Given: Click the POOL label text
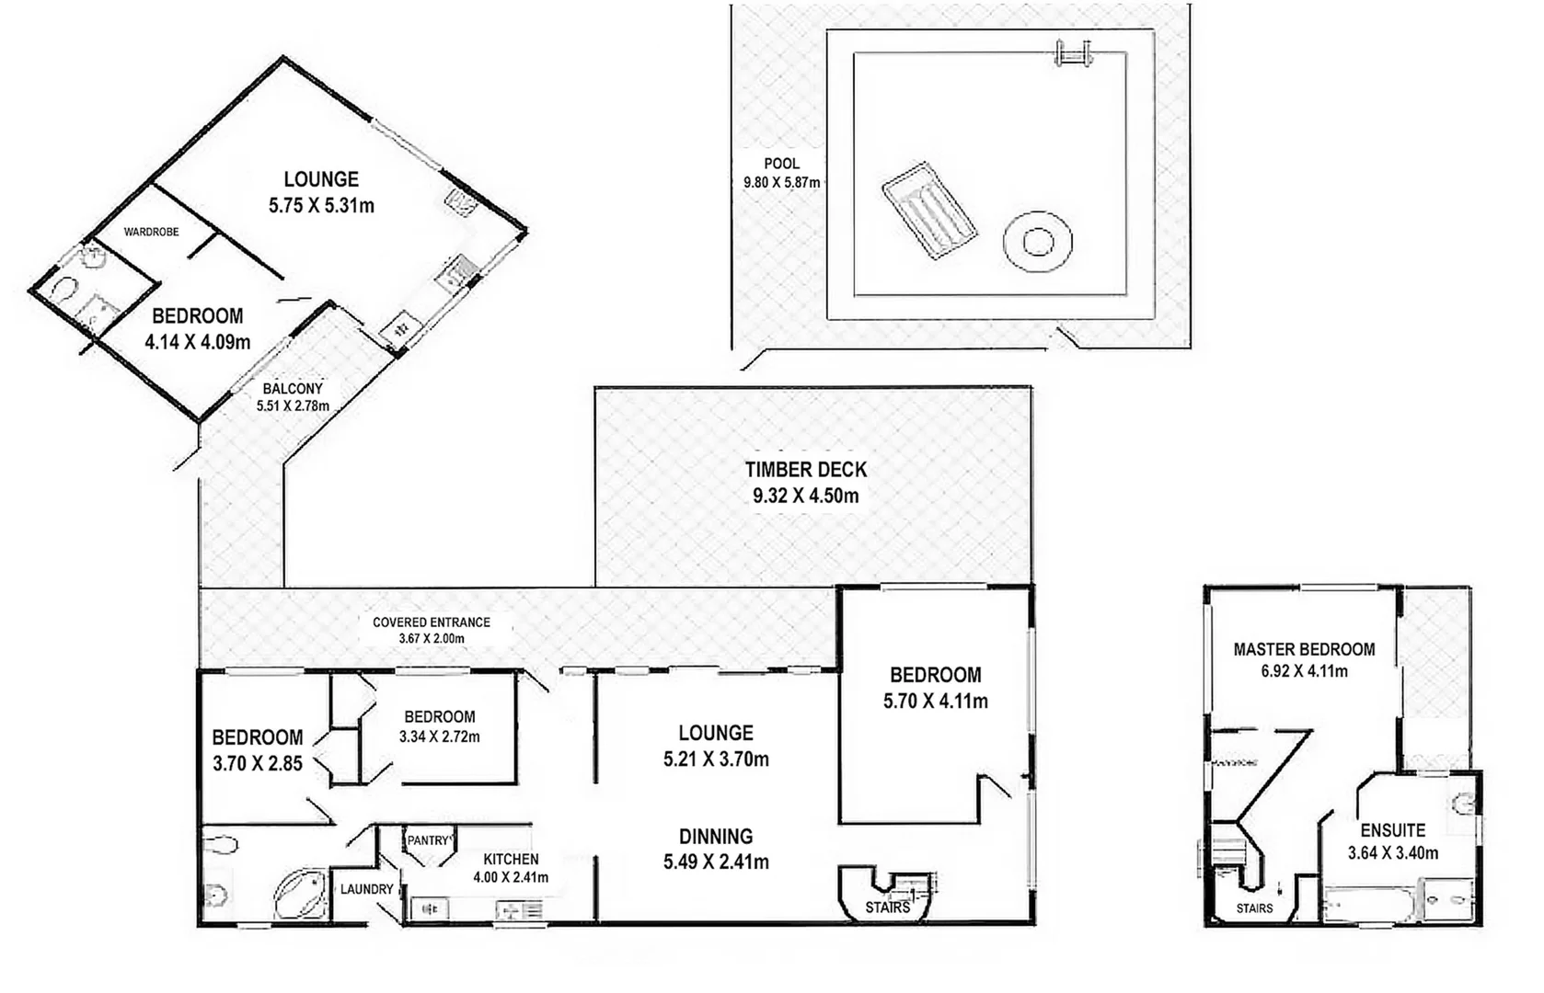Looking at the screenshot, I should coord(781,164).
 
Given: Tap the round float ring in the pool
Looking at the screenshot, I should coord(1037,243).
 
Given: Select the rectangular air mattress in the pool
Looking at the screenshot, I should coord(929,212).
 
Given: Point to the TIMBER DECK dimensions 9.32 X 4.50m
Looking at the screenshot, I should coord(805,496).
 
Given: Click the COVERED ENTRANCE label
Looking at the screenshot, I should coord(431,622).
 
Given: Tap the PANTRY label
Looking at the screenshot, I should coord(428,840).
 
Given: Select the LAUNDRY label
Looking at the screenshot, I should coord(366,889).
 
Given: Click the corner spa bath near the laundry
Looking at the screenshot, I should coord(301,894).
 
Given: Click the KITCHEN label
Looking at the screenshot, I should coord(511,859).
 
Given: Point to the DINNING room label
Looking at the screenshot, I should coord(715,837).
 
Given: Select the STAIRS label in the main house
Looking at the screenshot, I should coord(887,907).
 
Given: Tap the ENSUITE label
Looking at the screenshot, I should coord(1392,830).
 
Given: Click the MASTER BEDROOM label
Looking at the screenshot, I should coord(1304,649).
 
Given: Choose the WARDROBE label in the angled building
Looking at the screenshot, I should coord(151,233).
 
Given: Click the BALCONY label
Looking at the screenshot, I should coord(293,389).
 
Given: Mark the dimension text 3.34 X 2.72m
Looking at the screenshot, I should coord(439,736).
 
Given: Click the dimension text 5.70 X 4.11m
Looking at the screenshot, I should coord(935,702).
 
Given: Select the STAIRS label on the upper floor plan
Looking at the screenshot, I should coord(1254,907).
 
